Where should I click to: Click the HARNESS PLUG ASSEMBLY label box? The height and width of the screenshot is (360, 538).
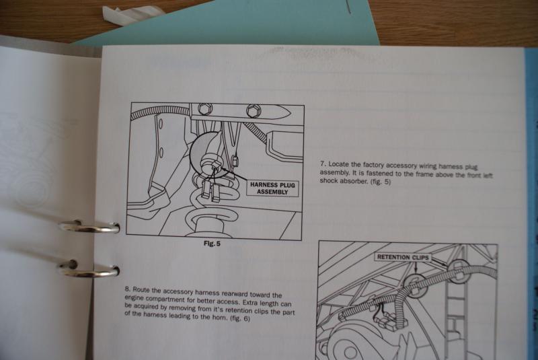272,188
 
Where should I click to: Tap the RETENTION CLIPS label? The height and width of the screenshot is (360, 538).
403,257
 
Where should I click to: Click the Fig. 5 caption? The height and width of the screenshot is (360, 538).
212,244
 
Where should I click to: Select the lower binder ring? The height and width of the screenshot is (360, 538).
89,269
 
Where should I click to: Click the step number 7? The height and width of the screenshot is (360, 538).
323,164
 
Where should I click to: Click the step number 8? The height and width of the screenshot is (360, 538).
128,289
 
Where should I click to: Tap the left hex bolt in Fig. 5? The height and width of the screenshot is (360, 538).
205,109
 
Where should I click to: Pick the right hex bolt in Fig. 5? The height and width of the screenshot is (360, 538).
254,110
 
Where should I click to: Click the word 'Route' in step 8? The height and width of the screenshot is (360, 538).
141,289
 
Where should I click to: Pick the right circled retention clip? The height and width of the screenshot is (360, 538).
459,272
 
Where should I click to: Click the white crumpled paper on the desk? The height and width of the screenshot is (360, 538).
131,13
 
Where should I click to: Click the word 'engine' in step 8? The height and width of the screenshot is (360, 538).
134,298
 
